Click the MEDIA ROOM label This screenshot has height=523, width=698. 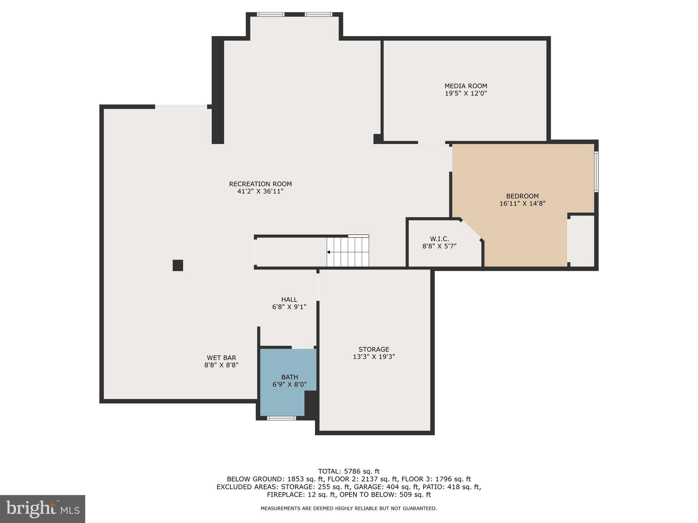466,86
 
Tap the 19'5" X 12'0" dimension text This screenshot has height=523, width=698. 466,94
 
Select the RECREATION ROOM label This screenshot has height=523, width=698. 260,184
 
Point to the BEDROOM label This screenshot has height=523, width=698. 522,196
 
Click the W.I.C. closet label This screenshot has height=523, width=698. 439,239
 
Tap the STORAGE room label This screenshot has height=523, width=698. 374,349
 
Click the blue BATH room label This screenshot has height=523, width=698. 289,377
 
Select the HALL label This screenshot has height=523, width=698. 289,300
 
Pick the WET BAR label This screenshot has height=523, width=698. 221,358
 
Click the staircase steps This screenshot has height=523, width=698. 348,252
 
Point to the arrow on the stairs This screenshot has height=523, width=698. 329,252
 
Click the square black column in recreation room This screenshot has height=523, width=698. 178,265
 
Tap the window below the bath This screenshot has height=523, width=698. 281,418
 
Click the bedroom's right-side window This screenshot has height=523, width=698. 596,172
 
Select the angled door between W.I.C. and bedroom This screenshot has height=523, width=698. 471,230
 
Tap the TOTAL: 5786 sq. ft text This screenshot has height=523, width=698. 348,472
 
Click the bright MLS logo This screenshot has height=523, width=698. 43,509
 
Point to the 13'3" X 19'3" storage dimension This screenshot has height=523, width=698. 374,357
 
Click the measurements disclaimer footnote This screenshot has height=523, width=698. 348,508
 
